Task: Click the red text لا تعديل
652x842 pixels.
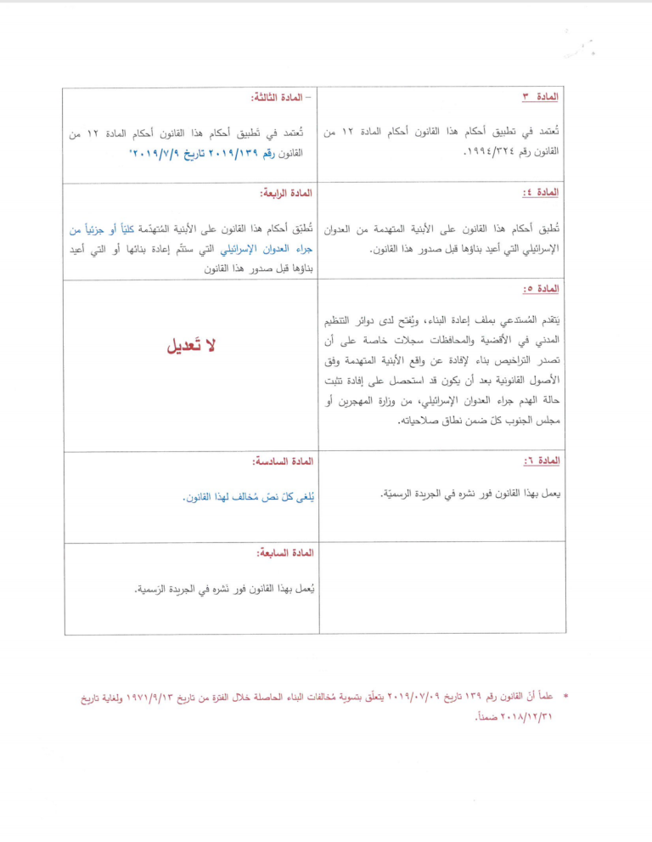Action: pyautogui.click(x=193, y=346)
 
